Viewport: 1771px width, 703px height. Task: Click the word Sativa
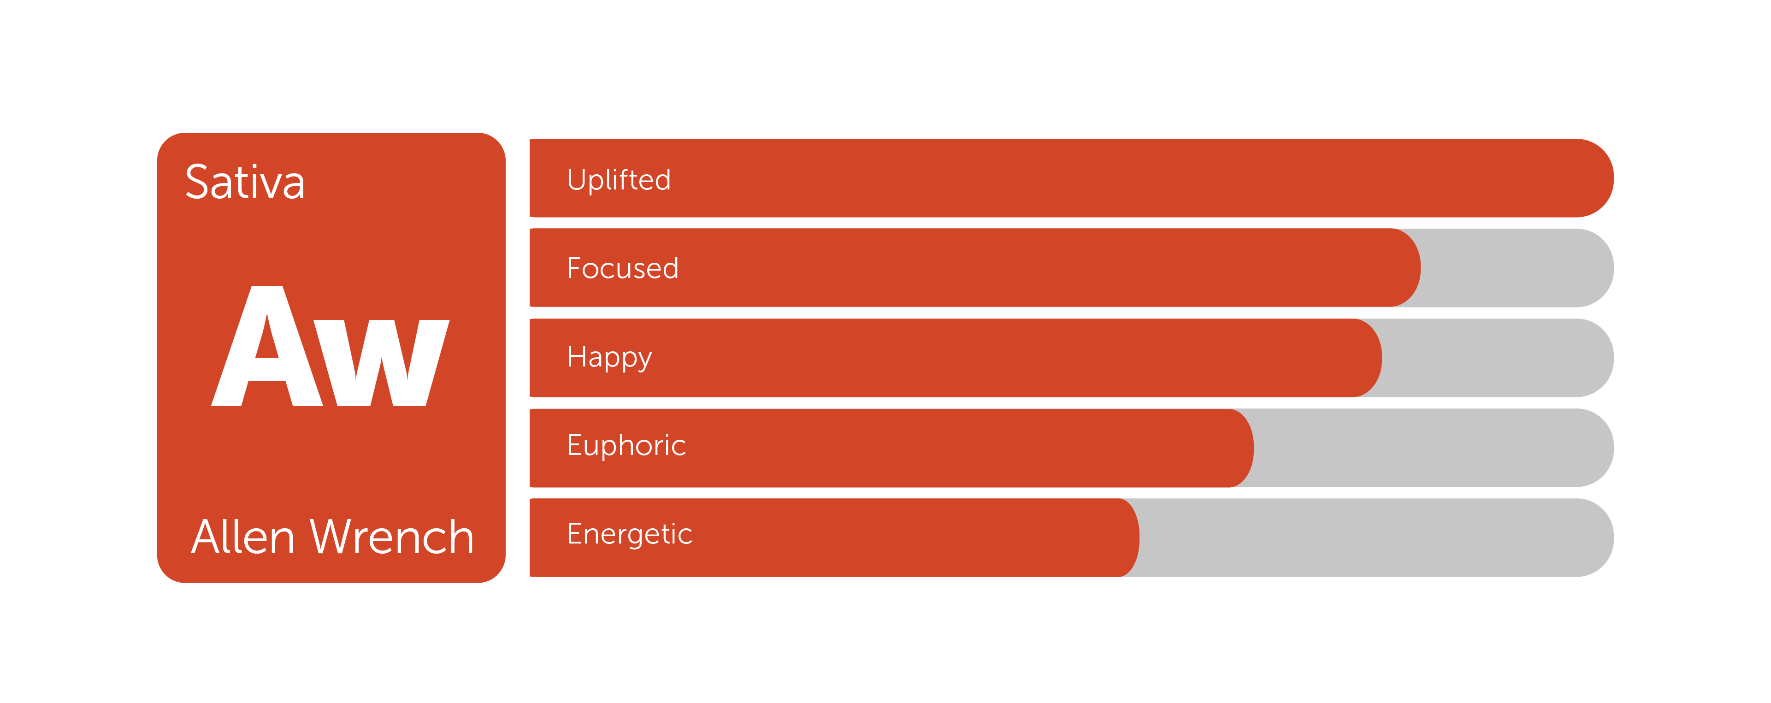click(245, 182)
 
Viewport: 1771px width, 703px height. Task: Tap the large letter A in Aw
click(267, 346)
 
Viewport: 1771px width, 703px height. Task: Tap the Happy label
click(609, 358)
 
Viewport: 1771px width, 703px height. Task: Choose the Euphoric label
click(626, 446)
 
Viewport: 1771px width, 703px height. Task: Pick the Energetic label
click(630, 534)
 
